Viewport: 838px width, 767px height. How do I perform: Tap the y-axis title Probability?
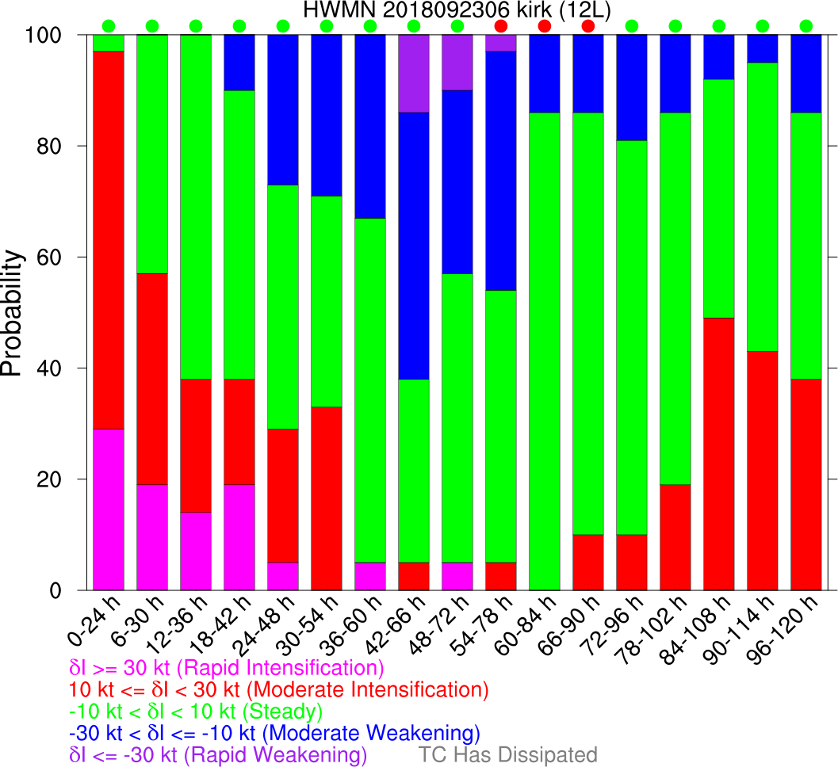click(12, 312)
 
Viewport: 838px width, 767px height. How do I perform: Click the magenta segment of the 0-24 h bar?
click(109, 509)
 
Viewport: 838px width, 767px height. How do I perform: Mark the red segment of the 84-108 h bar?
click(718, 454)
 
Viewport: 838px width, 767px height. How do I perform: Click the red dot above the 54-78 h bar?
click(500, 26)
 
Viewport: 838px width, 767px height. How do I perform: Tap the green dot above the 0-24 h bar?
click(109, 26)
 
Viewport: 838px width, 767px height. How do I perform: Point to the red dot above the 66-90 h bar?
click(587, 26)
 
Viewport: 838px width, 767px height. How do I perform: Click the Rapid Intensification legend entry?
click(228, 667)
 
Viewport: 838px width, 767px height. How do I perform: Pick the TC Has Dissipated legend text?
click(507, 754)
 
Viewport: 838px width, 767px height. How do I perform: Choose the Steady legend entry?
click(197, 710)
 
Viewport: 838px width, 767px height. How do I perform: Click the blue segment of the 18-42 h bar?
click(239, 63)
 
